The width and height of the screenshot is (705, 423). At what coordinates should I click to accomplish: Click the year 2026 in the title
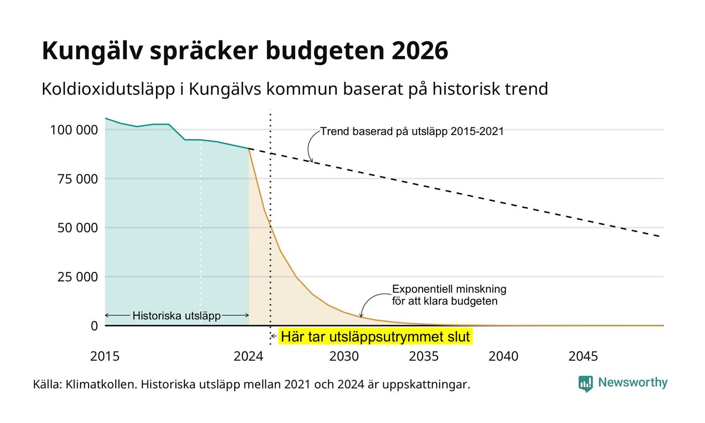coord(419,50)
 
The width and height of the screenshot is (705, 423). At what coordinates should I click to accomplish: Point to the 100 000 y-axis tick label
coord(74,130)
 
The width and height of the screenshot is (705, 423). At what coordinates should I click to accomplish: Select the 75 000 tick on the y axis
coord(78,179)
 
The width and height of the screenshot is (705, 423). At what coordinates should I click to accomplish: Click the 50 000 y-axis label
coord(78,228)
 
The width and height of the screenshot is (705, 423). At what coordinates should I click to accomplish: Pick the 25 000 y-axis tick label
coord(78,277)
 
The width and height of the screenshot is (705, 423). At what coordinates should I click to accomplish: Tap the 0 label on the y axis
coord(94,326)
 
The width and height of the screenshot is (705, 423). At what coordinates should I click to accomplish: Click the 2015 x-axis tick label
coord(105,357)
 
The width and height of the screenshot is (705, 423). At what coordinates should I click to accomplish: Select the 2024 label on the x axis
coord(248,357)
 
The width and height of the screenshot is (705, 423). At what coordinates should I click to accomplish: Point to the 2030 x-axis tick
coord(344,357)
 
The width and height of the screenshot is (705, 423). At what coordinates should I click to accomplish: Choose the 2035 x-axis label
coord(424,357)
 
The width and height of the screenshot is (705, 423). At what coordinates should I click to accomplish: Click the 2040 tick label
coord(503,357)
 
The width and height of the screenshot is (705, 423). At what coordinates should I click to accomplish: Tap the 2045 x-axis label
coord(583,357)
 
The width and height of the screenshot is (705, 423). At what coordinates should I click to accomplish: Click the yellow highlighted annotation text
coord(375,336)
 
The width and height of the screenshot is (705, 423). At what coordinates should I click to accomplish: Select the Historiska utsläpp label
coord(177,316)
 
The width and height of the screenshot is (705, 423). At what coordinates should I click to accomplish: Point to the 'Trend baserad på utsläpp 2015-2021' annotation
coord(412,131)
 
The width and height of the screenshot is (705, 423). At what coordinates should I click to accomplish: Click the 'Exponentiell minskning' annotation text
coord(449,289)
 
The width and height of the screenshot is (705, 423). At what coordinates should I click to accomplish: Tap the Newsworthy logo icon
coord(585,384)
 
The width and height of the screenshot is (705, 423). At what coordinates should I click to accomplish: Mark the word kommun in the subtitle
coord(302,89)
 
